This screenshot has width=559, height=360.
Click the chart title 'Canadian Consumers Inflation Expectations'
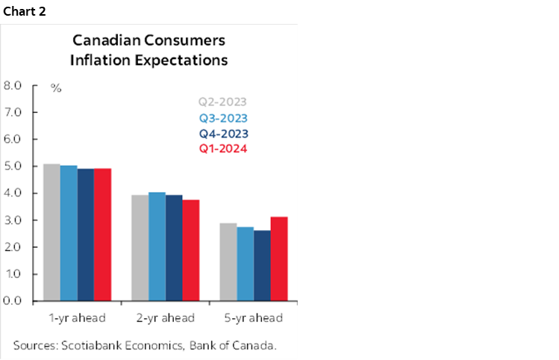[149, 49]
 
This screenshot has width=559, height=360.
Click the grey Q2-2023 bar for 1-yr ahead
[51, 232]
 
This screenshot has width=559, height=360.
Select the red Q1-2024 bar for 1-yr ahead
[102, 235]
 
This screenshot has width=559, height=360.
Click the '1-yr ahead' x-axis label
[77, 318]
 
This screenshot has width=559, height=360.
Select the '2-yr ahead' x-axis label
[165, 318]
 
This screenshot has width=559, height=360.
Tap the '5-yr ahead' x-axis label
[253, 318]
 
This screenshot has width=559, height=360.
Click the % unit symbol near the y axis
[55, 88]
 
